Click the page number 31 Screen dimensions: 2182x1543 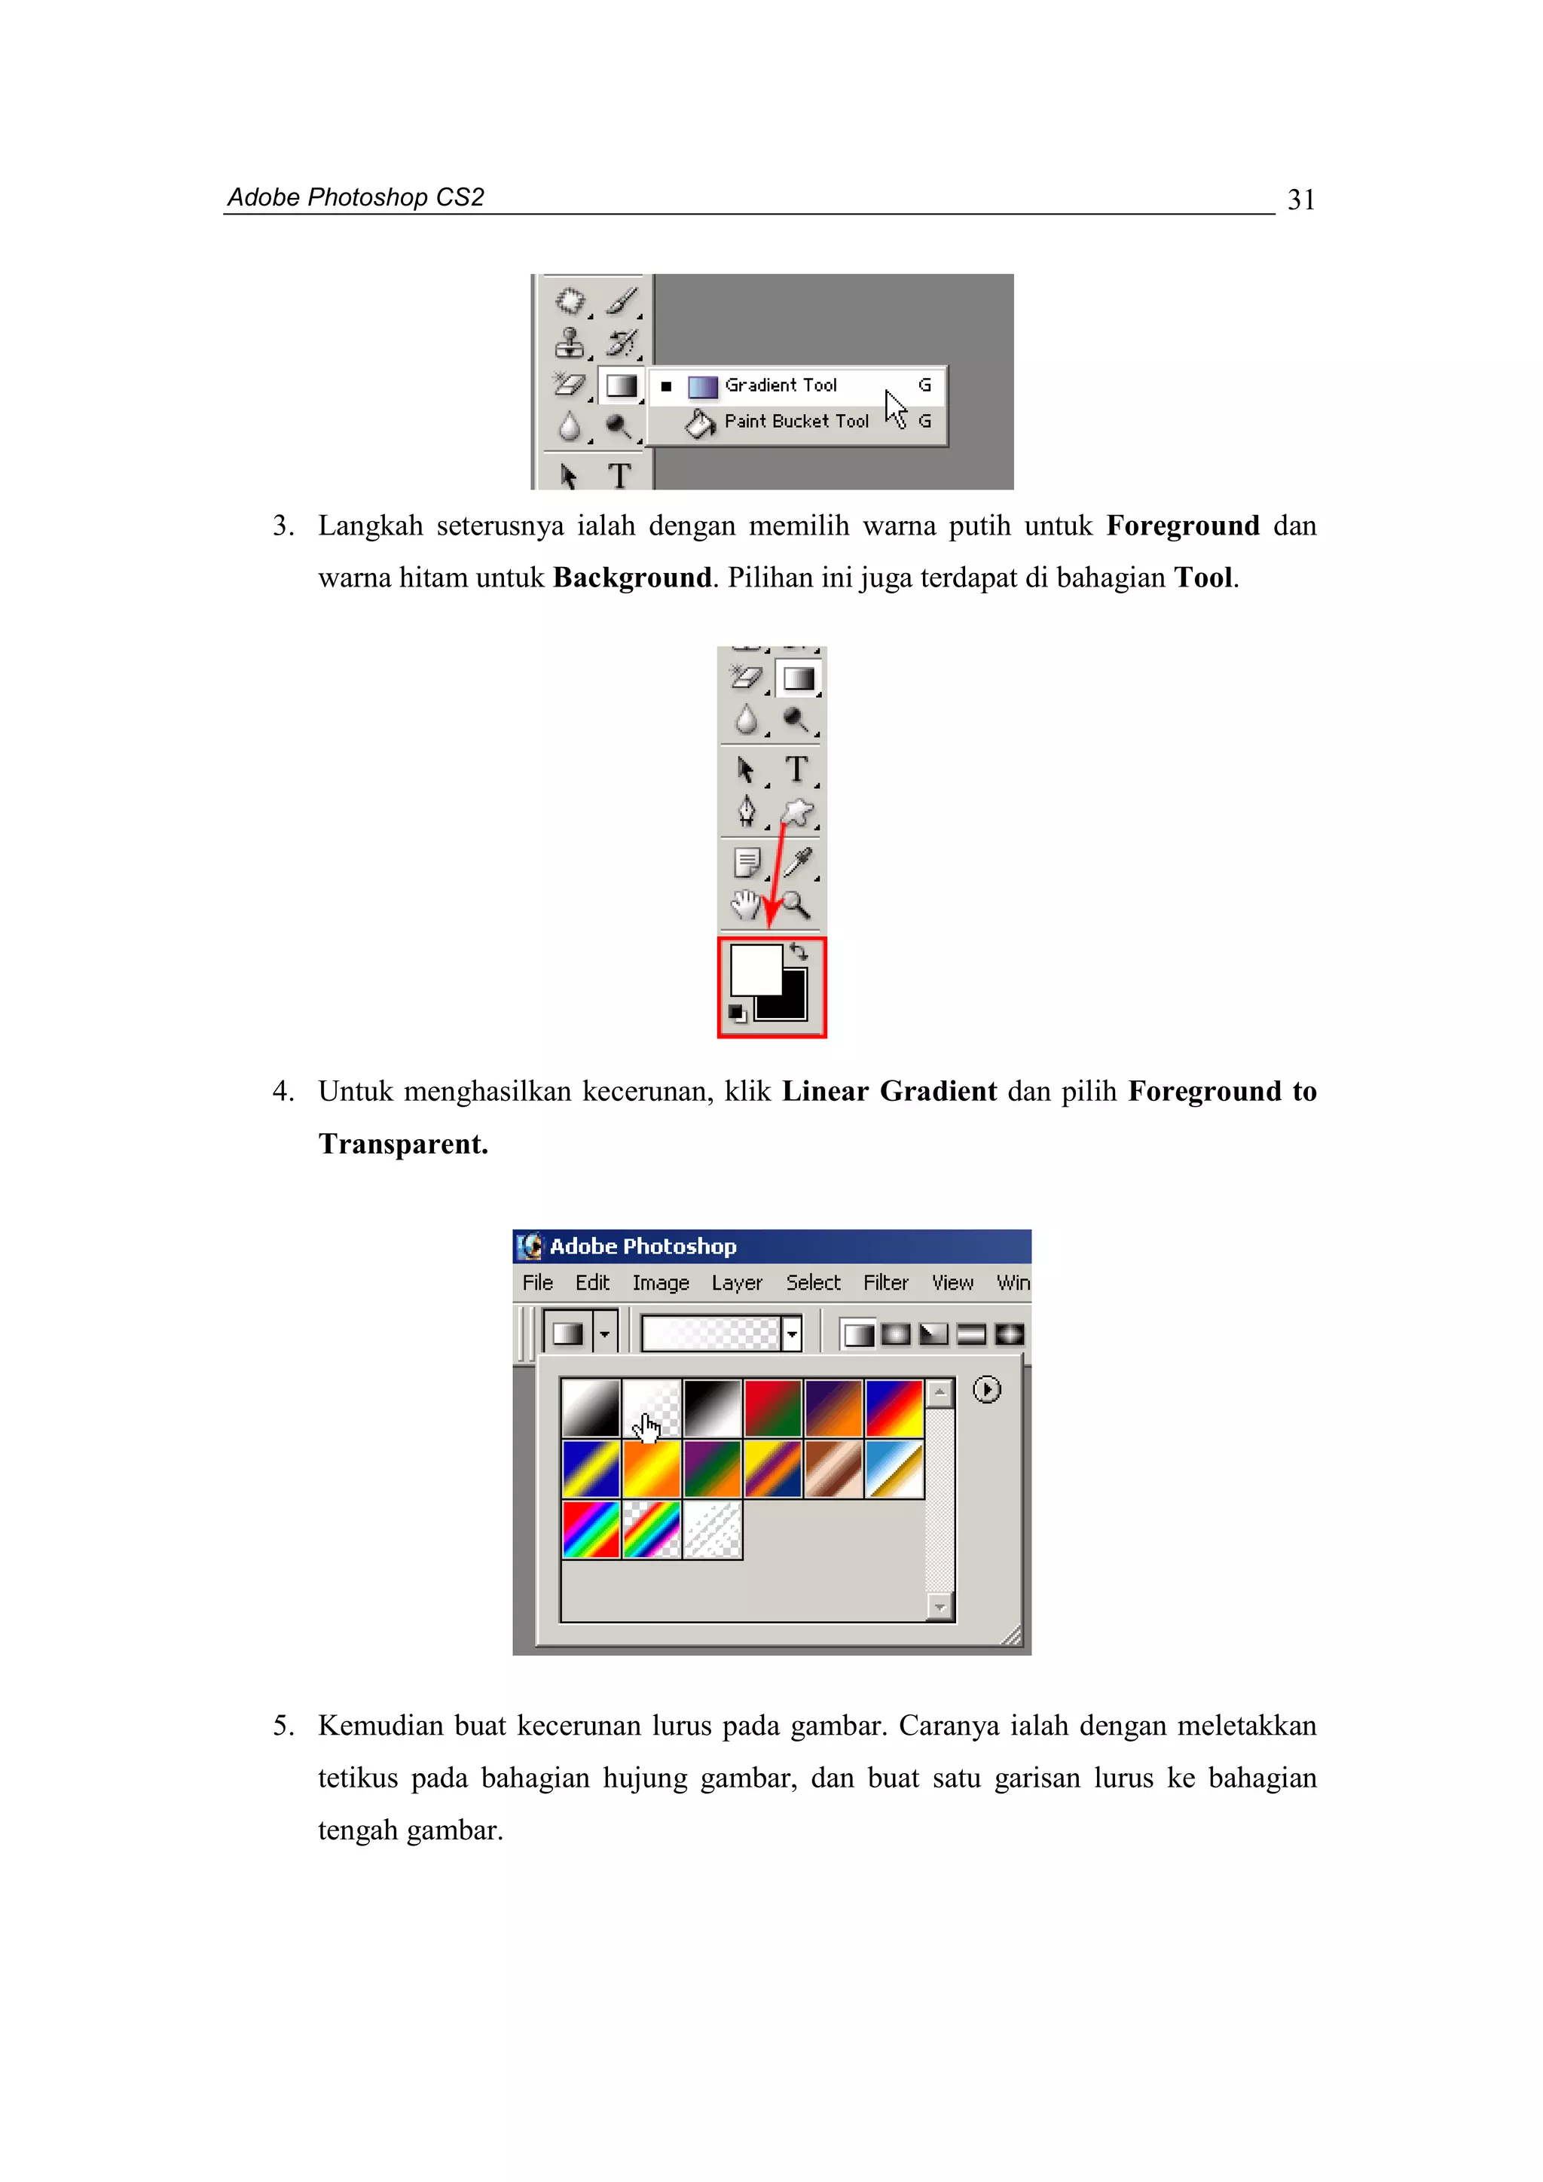click(x=1300, y=200)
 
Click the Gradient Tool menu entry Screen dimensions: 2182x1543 click(x=780, y=385)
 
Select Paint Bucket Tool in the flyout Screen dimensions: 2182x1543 click(x=796, y=421)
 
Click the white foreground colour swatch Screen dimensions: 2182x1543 click(x=754, y=968)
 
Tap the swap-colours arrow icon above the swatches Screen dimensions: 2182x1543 click(x=799, y=951)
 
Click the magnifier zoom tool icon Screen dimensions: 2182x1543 click(x=796, y=905)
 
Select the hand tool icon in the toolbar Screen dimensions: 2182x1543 click(x=745, y=905)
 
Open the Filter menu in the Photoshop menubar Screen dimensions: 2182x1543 click(x=885, y=1283)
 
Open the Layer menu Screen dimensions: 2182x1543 click(x=737, y=1283)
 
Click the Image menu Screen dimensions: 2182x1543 click(x=661, y=1283)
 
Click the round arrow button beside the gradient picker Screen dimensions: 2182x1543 click(x=986, y=1391)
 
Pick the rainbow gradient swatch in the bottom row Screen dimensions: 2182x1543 click(x=591, y=1529)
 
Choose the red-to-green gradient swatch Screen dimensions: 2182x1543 click(x=772, y=1407)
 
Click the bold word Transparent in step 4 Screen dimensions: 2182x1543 click(x=403, y=1144)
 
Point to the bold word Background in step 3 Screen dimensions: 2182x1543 click(x=632, y=577)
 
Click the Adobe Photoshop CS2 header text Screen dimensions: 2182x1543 click(x=356, y=198)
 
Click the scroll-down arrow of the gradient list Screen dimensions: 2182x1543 click(x=940, y=1607)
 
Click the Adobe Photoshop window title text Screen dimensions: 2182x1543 click(x=643, y=1246)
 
